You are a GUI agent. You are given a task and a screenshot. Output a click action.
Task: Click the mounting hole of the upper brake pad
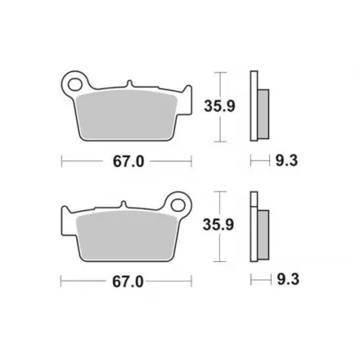(x=74, y=84)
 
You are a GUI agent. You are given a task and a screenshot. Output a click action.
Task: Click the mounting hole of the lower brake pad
(x=178, y=205)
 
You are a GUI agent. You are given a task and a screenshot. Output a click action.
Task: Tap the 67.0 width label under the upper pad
(x=128, y=161)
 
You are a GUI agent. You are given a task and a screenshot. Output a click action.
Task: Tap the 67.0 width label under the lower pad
(x=128, y=281)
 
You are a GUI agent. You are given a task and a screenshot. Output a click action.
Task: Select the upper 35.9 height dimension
(x=219, y=106)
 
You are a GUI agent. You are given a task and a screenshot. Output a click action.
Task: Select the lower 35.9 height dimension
(x=218, y=225)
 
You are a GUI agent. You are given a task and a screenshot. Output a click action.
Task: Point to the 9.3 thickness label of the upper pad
(x=286, y=160)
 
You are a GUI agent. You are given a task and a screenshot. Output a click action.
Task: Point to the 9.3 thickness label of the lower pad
(x=288, y=280)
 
